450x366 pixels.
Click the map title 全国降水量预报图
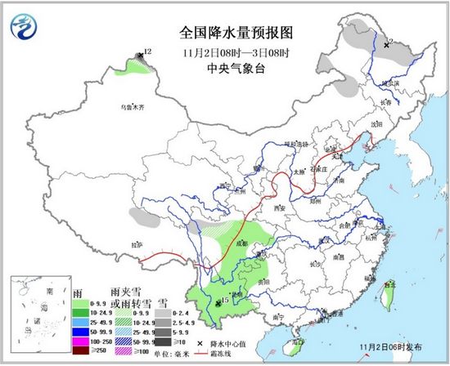[x=225, y=33]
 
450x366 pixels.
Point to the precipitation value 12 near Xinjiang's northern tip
[x=148, y=52]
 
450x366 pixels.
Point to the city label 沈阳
[x=376, y=123]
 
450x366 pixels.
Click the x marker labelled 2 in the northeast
[x=386, y=44]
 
